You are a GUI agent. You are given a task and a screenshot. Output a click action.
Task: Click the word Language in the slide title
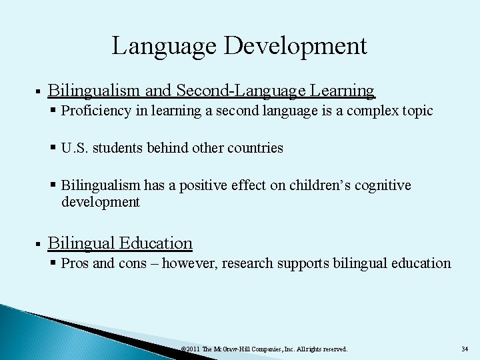(167, 47)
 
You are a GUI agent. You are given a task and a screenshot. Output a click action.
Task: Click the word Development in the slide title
(297, 47)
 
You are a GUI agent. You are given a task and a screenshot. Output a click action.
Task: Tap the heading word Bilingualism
(93, 90)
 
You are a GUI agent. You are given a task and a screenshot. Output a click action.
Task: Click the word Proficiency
(91, 111)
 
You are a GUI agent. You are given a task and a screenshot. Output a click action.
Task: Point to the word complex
(378, 111)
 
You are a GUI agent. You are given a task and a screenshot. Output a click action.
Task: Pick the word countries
(256, 147)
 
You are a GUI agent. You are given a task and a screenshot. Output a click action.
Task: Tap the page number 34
(464, 349)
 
